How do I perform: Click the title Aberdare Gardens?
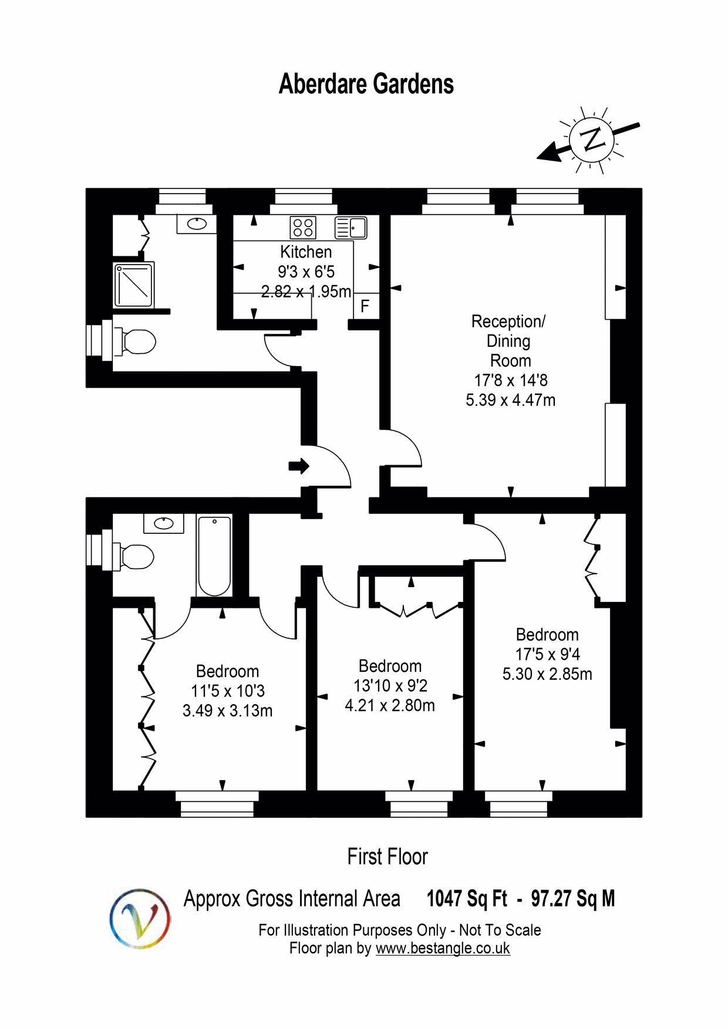pyautogui.click(x=366, y=84)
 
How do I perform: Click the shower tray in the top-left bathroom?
pyautogui.click(x=134, y=285)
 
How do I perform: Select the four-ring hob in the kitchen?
pyautogui.click(x=303, y=228)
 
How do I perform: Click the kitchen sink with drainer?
pyautogui.click(x=350, y=228)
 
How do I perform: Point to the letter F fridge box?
pyautogui.click(x=365, y=306)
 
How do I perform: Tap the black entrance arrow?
pyautogui.click(x=299, y=466)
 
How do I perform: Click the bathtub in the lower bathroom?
pyautogui.click(x=214, y=556)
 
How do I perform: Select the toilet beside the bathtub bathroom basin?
pyautogui.click(x=137, y=557)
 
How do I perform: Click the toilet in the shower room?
pyautogui.click(x=139, y=341)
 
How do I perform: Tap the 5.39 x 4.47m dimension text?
pyautogui.click(x=510, y=400)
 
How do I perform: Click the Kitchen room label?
pyautogui.click(x=306, y=252)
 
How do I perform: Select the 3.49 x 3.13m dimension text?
pyautogui.click(x=227, y=710)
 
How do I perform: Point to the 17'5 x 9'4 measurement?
pyautogui.click(x=547, y=654)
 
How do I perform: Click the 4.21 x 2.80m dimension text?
pyautogui.click(x=390, y=705)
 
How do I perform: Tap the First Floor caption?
pyautogui.click(x=387, y=857)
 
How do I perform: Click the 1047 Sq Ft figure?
pyautogui.click(x=467, y=898)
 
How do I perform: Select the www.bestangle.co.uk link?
pyautogui.click(x=443, y=948)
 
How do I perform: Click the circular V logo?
pyautogui.click(x=140, y=918)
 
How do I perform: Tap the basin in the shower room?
pyautogui.click(x=196, y=224)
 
